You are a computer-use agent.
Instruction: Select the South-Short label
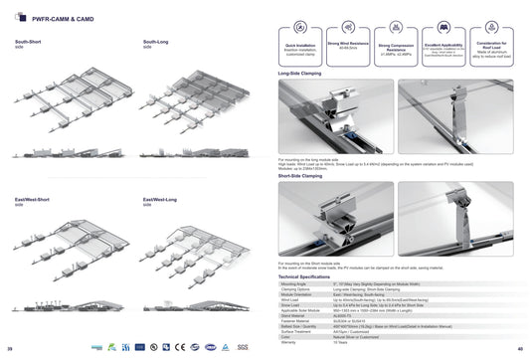point(28,42)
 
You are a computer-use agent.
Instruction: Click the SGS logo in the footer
point(242,347)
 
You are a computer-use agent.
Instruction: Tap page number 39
point(10,349)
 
